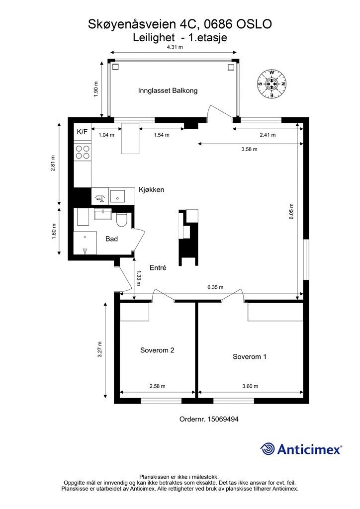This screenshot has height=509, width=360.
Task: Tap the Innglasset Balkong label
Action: click(168, 90)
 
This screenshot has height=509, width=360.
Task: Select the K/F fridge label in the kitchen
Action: click(82, 132)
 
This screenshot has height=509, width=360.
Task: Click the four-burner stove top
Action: click(82, 152)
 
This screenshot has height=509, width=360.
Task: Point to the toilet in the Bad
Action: click(122, 219)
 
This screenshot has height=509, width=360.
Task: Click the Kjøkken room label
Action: click(151, 190)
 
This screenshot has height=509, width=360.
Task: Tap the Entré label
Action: click(158, 267)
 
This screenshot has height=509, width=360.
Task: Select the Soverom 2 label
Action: click(157, 350)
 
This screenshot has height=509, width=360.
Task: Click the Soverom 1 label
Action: click(250, 356)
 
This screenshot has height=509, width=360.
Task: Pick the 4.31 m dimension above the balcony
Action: click(174, 47)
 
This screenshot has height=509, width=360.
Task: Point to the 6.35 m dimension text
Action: click(215, 287)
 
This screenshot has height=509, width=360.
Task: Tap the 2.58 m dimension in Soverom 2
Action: click(157, 386)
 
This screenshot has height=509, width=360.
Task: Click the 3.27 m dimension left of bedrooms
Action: click(100, 349)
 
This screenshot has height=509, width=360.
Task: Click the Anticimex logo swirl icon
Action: click(268, 449)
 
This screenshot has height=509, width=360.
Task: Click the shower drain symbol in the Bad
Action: click(86, 250)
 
